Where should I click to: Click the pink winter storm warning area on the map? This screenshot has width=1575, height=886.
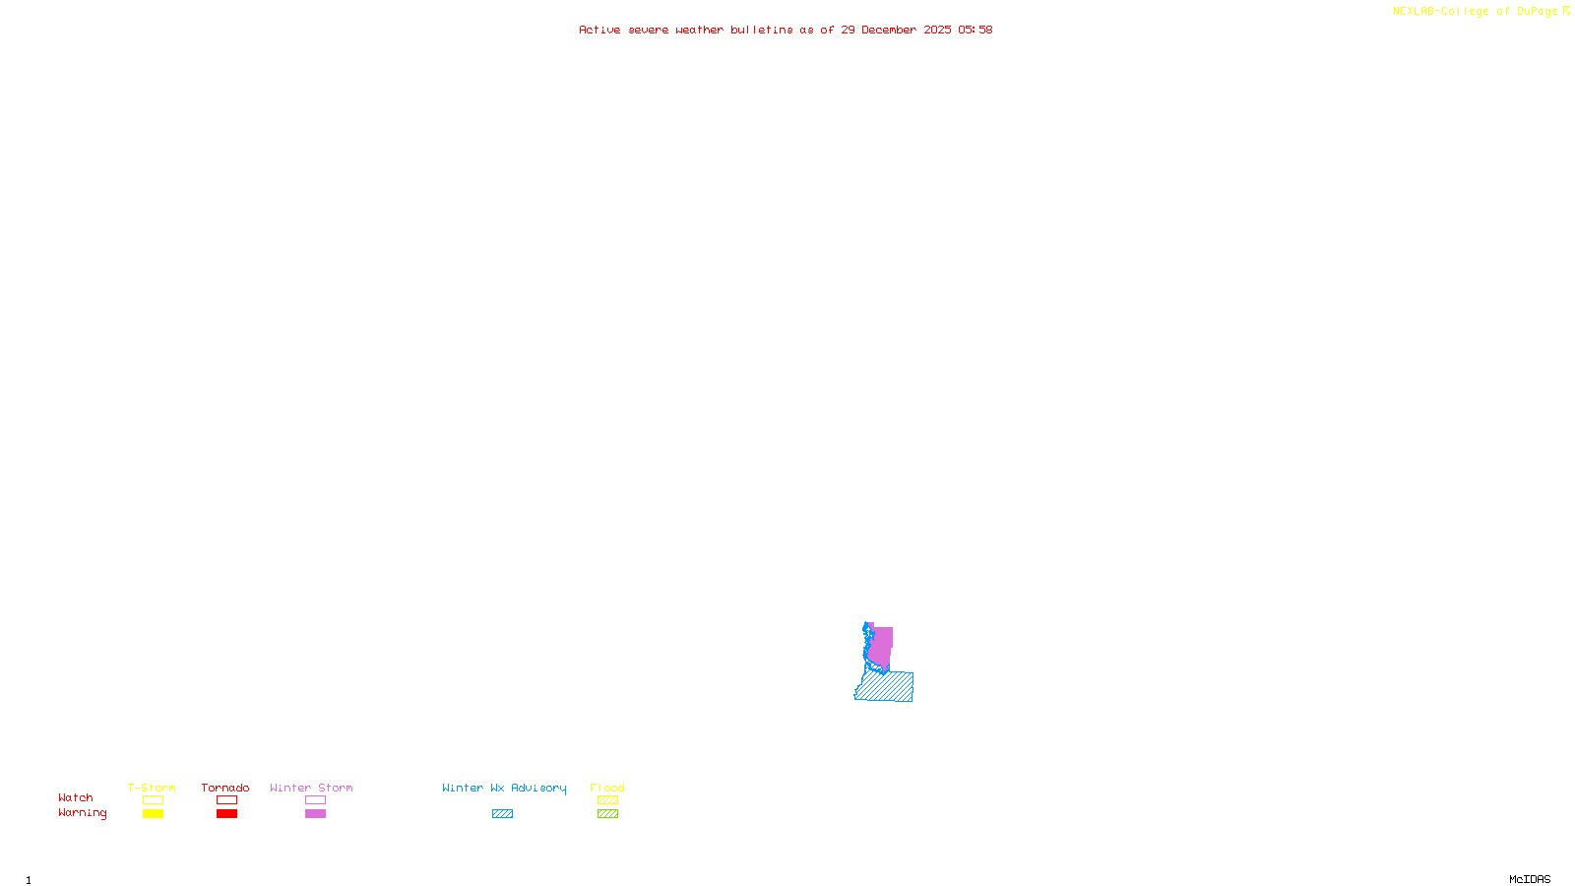coord(881,646)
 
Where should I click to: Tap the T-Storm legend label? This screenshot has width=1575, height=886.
coord(152,788)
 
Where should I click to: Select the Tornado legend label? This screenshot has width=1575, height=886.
coord(225,788)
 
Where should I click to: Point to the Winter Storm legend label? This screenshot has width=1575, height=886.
coord(311,788)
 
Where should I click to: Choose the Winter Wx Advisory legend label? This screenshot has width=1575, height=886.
coord(504,788)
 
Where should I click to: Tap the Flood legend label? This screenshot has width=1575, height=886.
coord(607,788)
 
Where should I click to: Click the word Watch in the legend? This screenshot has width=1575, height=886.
coord(76,797)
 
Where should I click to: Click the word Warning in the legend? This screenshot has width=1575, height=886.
coord(82,813)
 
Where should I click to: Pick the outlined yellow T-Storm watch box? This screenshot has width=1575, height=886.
coord(153,800)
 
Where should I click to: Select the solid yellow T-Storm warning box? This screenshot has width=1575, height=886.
coord(153,814)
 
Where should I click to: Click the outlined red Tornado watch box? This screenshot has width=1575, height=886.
coord(226,800)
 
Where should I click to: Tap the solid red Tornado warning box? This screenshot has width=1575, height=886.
coord(226,814)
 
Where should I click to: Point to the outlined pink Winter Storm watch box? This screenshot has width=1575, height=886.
coord(315,800)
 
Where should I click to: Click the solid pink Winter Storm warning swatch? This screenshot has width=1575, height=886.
coord(315,814)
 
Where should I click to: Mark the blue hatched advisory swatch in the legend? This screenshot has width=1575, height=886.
coord(502,814)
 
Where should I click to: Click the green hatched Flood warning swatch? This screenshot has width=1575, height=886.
coord(607,814)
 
